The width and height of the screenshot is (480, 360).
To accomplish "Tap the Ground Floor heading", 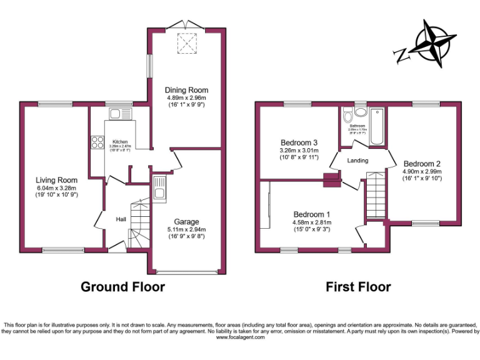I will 122,287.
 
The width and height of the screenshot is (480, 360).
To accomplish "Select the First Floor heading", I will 358,287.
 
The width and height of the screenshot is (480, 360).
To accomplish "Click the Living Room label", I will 56,181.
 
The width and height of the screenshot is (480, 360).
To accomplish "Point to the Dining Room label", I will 187,90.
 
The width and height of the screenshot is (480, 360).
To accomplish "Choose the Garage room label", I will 186,222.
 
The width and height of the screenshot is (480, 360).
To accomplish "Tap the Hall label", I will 121,219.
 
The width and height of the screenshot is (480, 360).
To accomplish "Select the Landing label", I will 357,161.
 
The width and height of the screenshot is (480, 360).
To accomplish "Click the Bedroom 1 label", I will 311,214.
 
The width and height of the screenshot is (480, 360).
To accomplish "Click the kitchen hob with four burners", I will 97,142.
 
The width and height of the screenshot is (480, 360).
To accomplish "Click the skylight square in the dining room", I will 186,42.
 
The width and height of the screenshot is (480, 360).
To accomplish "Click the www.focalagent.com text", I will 240,337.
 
